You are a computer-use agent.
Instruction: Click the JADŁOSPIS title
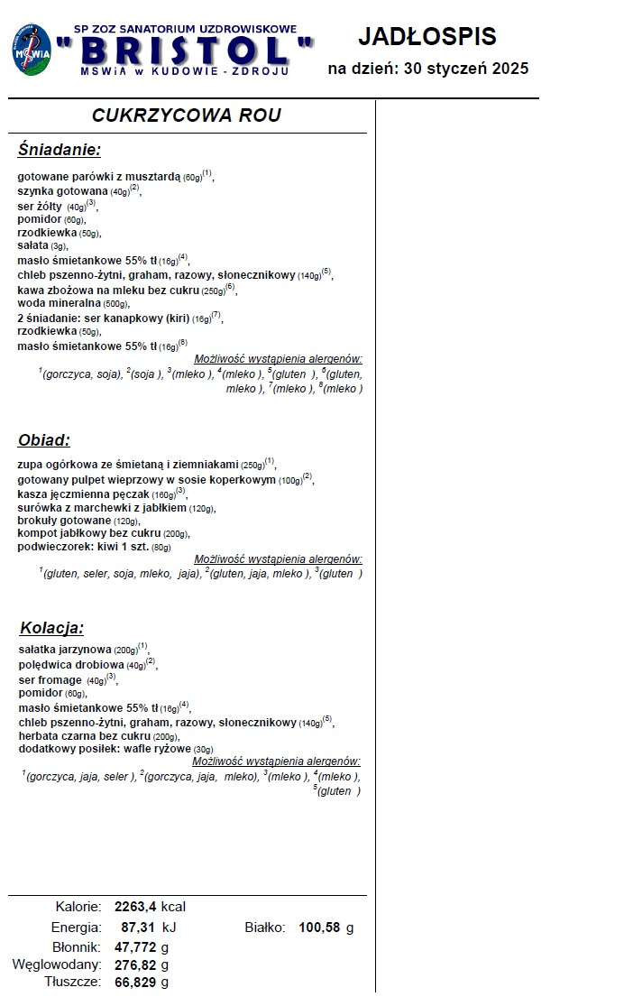click(427, 37)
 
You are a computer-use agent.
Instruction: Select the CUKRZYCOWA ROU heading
click(187, 115)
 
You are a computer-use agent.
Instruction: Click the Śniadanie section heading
click(59, 150)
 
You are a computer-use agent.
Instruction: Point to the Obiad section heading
click(44, 440)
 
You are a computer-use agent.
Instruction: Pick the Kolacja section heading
click(51, 628)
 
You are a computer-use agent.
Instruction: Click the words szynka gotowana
click(63, 191)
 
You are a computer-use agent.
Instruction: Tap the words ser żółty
click(40, 206)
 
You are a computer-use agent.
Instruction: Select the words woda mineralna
click(60, 303)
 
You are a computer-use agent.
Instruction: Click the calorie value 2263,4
click(136, 907)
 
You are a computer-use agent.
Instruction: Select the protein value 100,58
click(320, 927)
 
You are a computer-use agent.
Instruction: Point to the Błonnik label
click(77, 946)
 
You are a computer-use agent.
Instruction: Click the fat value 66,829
click(136, 982)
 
